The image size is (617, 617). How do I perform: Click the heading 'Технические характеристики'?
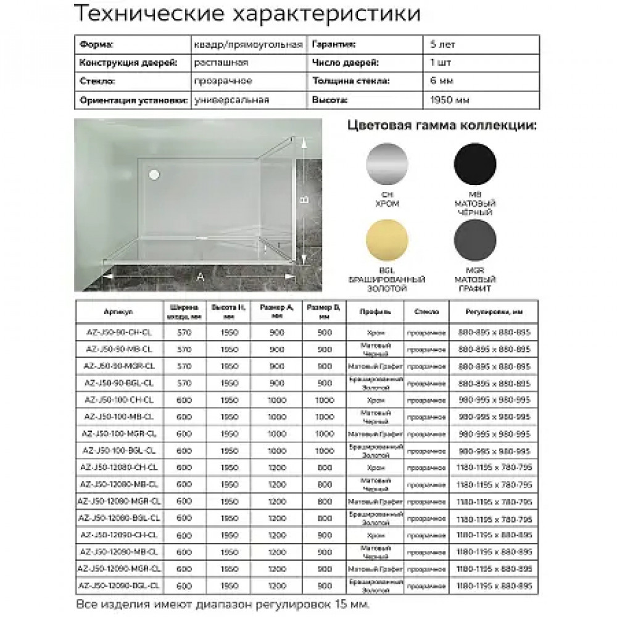[247, 14]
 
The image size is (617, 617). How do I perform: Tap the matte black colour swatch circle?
[475, 163]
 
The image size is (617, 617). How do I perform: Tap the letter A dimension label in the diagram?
[200, 277]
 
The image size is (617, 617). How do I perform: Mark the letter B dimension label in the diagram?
[303, 199]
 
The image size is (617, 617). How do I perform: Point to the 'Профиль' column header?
[376, 312]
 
